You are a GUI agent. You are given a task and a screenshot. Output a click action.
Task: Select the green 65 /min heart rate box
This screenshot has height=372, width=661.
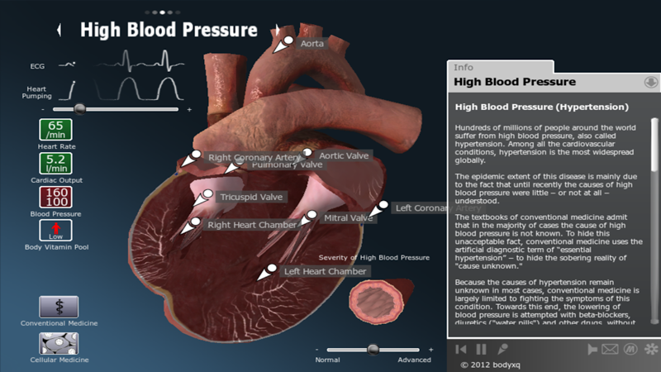tap(55, 130)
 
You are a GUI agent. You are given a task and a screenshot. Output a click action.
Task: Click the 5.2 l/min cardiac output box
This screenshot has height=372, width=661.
tap(55, 164)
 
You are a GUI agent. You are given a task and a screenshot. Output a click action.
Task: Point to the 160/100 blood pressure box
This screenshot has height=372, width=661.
tap(55, 197)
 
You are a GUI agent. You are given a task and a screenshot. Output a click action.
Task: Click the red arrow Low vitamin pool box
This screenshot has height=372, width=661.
tap(55, 231)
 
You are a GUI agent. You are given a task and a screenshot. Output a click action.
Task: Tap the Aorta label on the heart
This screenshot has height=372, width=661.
tap(311, 43)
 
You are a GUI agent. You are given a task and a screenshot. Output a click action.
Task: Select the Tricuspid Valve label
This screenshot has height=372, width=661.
tap(251, 197)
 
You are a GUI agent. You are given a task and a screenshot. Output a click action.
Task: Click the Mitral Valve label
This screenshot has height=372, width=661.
tap(348, 218)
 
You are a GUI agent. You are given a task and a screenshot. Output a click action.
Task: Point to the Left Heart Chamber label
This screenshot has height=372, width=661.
tap(324, 271)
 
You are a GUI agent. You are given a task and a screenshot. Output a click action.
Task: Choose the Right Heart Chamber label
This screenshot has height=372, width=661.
tap(251, 224)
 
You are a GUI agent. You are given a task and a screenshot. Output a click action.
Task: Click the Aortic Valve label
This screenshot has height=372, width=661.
tap(345, 155)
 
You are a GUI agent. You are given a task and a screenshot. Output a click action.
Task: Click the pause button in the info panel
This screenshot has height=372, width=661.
tap(481, 350)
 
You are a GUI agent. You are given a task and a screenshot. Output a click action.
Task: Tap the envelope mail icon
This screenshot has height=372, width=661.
tap(610, 350)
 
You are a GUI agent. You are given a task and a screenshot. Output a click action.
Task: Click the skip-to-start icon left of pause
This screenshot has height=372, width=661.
tap(461, 350)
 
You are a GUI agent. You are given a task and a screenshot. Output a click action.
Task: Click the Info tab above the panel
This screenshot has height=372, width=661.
tap(464, 67)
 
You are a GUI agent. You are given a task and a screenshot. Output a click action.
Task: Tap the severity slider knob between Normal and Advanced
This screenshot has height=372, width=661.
tap(373, 350)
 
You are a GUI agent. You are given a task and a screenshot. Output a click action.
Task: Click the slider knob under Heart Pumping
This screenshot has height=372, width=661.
tap(80, 108)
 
